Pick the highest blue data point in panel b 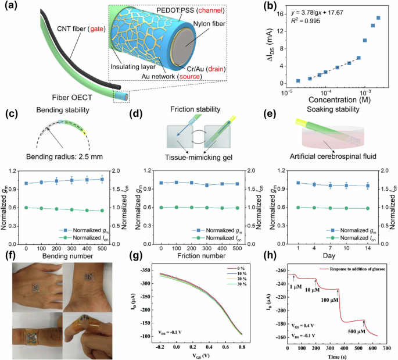coord(378,18)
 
